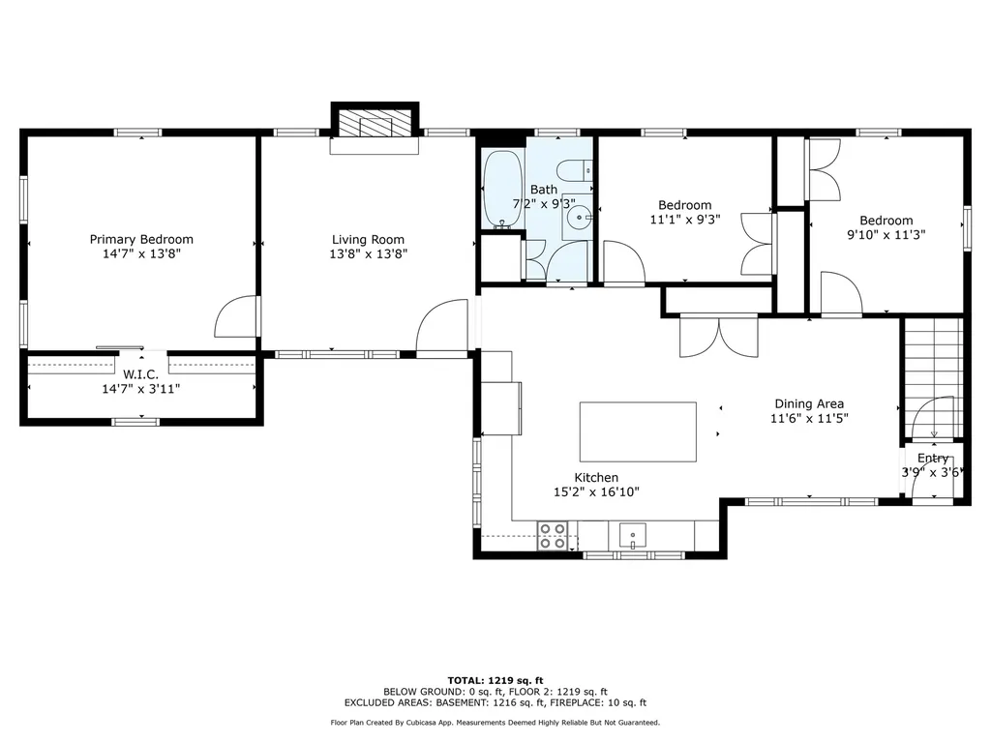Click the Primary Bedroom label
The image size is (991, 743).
pyautogui.click(x=141, y=239)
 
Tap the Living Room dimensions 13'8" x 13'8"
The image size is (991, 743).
pyautogui.click(x=368, y=254)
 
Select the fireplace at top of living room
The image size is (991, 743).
pyautogui.click(x=375, y=125)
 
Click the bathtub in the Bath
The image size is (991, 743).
pyautogui.click(x=500, y=190)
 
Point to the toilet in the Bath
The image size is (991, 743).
pyautogui.click(x=581, y=171)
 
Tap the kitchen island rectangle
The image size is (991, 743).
pyautogui.click(x=638, y=431)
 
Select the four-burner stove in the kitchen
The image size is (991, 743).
pyautogui.click(x=553, y=535)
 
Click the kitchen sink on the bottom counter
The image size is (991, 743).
pyautogui.click(x=633, y=534)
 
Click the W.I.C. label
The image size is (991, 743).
pyautogui.click(x=141, y=373)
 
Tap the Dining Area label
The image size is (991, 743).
pyautogui.click(x=809, y=403)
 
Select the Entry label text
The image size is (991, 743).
pyautogui.click(x=933, y=458)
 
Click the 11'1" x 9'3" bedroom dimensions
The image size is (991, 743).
pyautogui.click(x=685, y=220)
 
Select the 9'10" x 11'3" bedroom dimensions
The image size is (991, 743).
pyautogui.click(x=886, y=234)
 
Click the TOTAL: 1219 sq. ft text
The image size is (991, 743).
pyautogui.click(x=495, y=680)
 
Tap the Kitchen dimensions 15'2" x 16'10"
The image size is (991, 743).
pyautogui.click(x=596, y=491)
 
